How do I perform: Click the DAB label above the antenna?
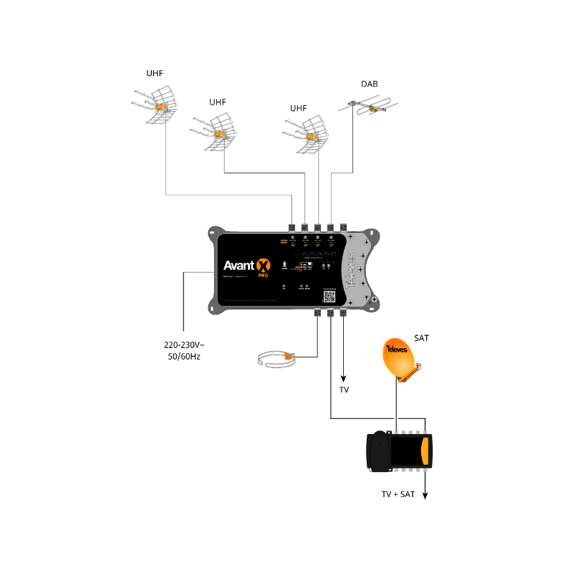coord(370,85)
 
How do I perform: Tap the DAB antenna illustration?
coord(367,109)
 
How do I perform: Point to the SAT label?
coord(421,337)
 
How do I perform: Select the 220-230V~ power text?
coord(184,345)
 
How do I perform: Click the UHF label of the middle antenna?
coord(218,102)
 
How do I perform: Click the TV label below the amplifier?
coord(343,390)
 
